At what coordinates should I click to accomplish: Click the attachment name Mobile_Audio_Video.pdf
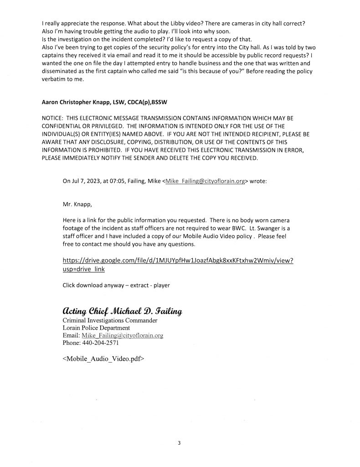[x=103, y=358]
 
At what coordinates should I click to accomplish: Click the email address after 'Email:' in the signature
[x=122, y=335]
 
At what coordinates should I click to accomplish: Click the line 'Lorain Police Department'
[x=96, y=328]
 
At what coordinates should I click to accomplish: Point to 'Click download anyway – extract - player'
[x=116, y=285]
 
